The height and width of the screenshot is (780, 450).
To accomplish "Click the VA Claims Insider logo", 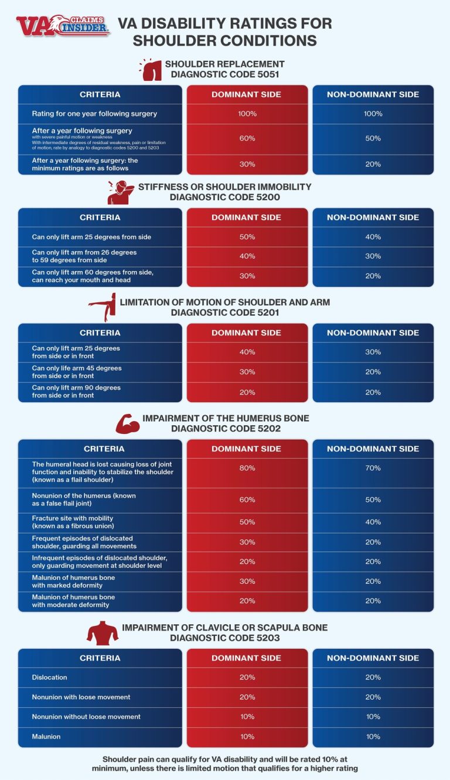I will (x=63, y=26).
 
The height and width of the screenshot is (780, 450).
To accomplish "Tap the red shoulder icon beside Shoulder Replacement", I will (x=152, y=69).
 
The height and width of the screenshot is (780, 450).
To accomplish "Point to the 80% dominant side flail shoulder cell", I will (x=247, y=468).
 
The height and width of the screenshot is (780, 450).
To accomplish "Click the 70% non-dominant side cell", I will (x=373, y=468).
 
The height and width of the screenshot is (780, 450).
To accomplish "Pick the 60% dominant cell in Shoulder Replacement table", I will (x=247, y=138).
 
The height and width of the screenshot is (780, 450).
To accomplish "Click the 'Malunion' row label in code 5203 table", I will (x=46, y=736).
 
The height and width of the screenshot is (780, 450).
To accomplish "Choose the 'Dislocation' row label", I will (x=50, y=678).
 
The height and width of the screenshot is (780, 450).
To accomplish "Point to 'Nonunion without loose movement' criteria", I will (x=86, y=717).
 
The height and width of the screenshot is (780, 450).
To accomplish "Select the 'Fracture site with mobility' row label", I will (x=73, y=522).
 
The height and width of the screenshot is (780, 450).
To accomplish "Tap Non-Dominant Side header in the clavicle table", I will (x=373, y=658).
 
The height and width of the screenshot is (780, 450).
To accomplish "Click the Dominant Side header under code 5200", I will (x=247, y=217).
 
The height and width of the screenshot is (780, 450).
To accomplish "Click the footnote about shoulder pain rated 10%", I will (x=224, y=762).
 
